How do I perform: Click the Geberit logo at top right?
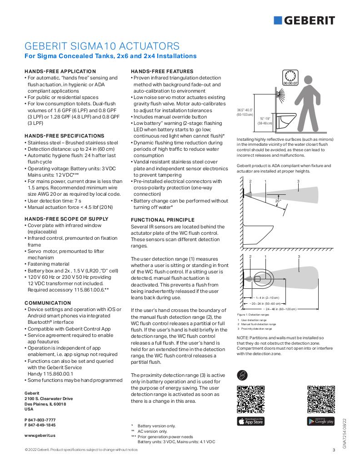click(304, 20)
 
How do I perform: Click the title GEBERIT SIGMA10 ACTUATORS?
click(101, 46)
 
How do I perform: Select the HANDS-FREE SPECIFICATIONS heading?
click(64, 136)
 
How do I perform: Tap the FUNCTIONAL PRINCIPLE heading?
click(163, 220)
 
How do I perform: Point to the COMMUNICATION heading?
click(48, 303)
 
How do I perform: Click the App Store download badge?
click(250, 421)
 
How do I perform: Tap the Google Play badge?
click(320, 421)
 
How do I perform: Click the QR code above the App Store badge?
click(250, 398)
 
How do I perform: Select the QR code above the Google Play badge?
click(320, 398)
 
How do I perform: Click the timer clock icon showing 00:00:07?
click(290, 78)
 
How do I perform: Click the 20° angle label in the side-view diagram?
click(278, 201)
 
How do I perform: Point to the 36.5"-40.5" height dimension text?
click(245, 112)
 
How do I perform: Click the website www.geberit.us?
click(40, 435)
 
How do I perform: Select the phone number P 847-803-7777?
click(40, 420)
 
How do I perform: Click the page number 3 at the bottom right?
click(334, 450)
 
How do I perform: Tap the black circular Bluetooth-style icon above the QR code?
click(243, 375)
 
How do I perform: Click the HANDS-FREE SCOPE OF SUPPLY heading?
click(66, 219)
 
